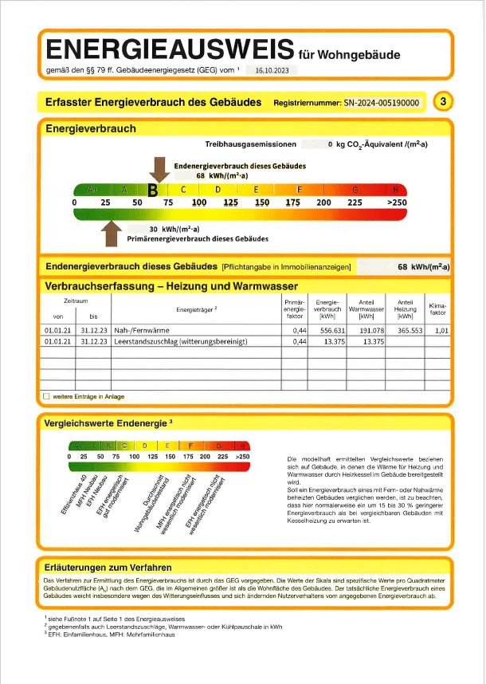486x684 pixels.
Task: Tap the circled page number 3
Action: (x=444, y=101)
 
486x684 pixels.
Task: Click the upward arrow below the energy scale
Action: (x=110, y=234)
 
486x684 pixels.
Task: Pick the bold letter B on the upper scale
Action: (x=154, y=190)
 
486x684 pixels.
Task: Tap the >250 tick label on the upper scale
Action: (x=396, y=203)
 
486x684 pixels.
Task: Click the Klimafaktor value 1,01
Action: (x=442, y=329)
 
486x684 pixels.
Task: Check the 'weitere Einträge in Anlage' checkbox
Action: (x=46, y=395)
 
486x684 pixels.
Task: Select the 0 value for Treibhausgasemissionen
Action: (x=330, y=144)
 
